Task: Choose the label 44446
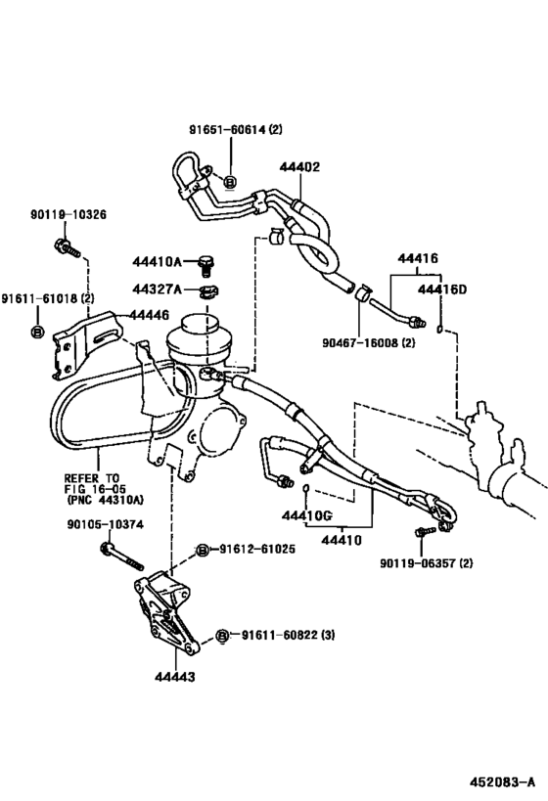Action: coord(144,315)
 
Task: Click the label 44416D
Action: coord(442,289)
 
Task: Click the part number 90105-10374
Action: coord(107,524)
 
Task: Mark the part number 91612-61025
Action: coord(256,550)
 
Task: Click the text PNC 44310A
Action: coord(105,499)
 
